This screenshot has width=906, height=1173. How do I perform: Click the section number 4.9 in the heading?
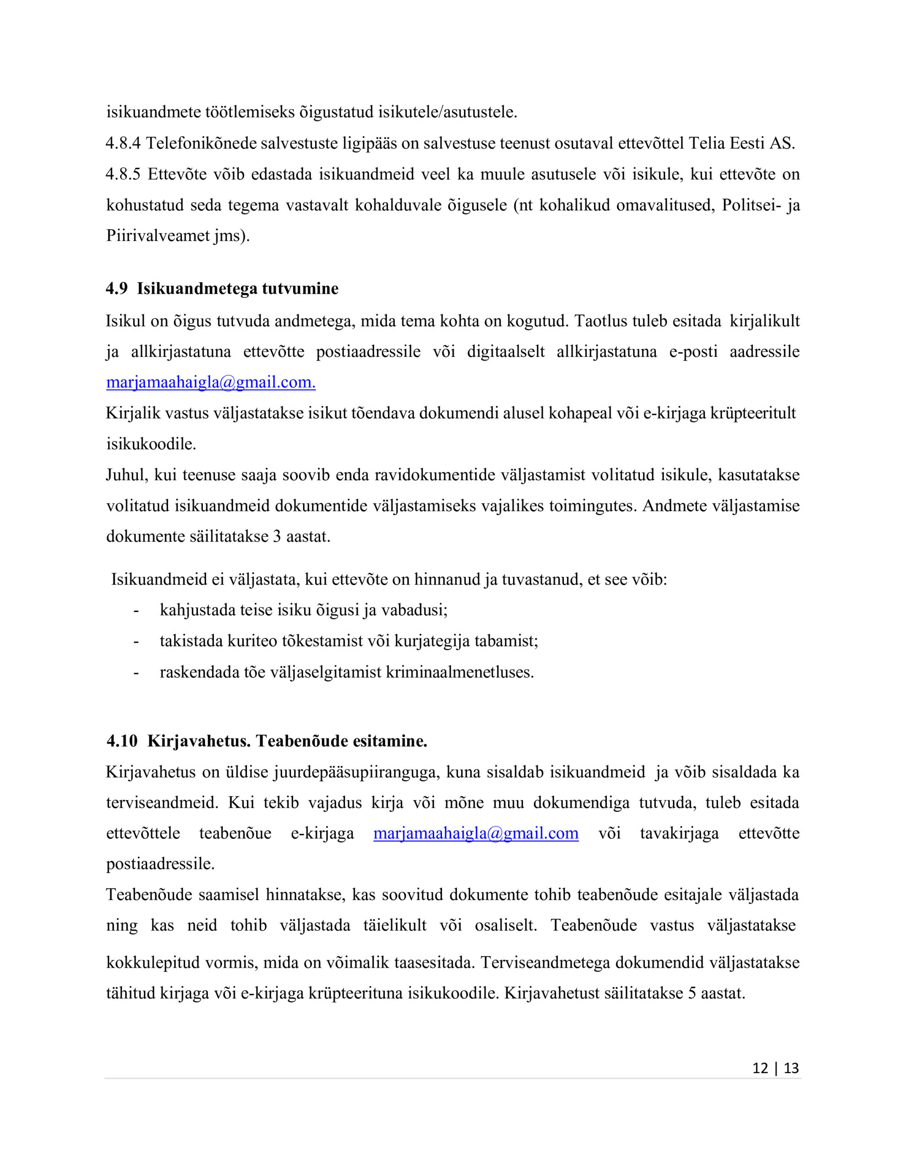116,288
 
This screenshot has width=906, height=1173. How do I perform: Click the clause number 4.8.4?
123,143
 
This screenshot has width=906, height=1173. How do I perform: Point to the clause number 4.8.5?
123,174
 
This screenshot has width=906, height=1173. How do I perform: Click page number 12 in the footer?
760,1068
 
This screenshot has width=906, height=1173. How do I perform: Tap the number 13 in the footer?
791,1068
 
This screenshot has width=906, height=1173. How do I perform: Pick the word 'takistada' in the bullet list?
191,641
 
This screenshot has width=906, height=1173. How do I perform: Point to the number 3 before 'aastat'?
277,536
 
